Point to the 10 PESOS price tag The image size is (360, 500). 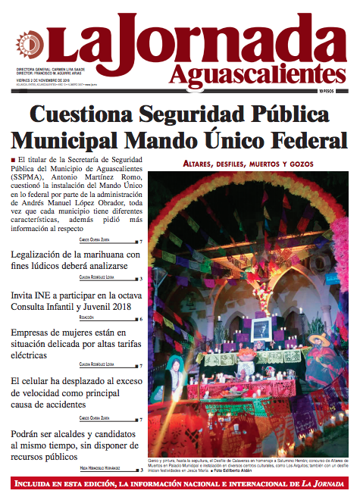[x=330, y=91]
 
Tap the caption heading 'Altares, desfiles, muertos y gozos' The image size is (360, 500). [x=253, y=164]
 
